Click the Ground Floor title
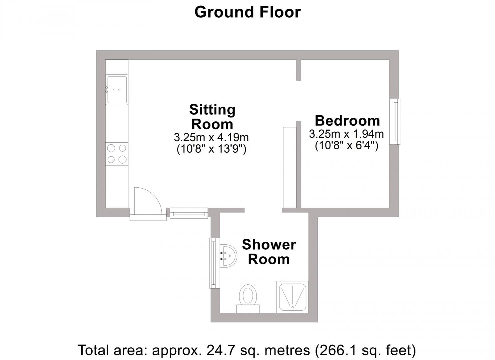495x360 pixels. (x=247, y=12)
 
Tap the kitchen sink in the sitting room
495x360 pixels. (x=117, y=89)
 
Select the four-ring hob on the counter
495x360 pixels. (x=117, y=154)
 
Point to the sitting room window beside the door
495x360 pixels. (x=189, y=213)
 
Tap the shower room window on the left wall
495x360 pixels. (x=214, y=263)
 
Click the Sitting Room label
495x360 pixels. (x=212, y=117)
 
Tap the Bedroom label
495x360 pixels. (x=347, y=120)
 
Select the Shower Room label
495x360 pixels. (x=269, y=252)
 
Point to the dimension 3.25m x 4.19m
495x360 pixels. (x=211, y=137)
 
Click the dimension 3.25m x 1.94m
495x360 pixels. (x=346, y=134)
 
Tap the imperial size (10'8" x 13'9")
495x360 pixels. (x=211, y=149)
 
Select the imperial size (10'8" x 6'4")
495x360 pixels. (x=346, y=146)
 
